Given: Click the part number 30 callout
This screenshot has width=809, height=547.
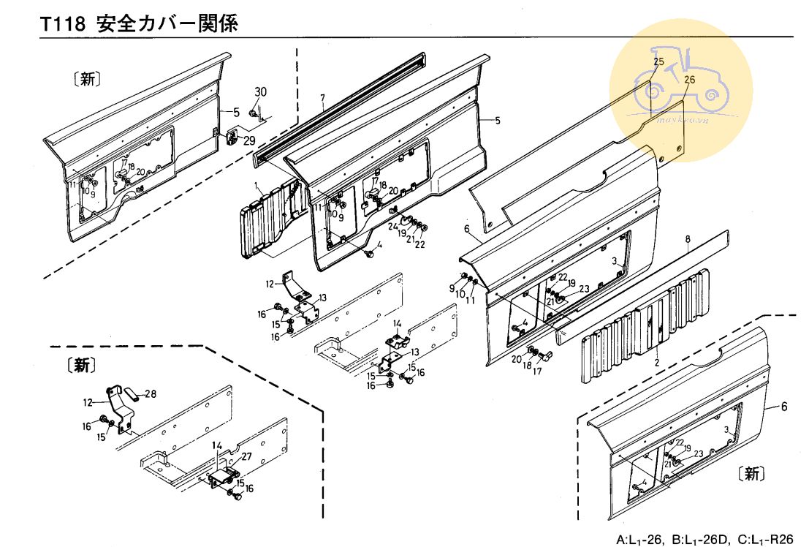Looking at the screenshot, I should [261, 91].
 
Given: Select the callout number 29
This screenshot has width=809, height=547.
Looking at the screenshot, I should [249, 140].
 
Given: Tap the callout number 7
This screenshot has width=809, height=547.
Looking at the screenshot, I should [322, 98].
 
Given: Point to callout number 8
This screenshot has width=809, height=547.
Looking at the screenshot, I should [688, 238].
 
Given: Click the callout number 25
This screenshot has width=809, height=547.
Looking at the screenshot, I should [659, 62].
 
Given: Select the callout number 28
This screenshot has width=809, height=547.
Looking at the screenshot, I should [151, 395].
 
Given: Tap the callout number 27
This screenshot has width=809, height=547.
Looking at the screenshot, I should [246, 456].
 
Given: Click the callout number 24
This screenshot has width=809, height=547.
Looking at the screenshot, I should [392, 225].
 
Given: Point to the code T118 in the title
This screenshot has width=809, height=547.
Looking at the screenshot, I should [63, 23].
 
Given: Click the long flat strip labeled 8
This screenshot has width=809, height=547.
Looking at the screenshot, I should [643, 285].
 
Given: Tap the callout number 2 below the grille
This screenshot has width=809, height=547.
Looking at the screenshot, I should [656, 363].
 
